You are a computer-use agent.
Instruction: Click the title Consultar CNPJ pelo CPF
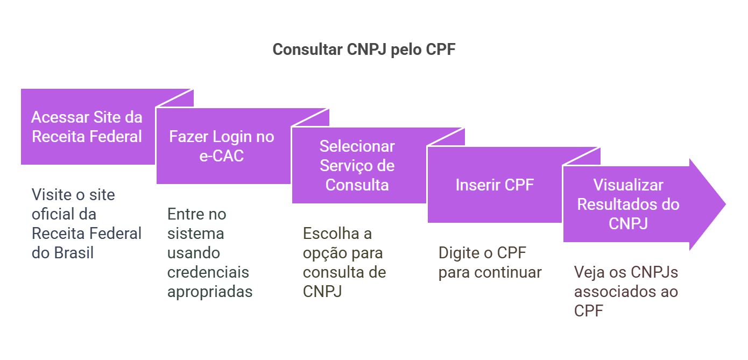point(364,50)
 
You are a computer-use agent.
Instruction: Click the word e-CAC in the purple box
point(221,156)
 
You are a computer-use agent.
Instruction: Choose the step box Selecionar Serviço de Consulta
point(357,166)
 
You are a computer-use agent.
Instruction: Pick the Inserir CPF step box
point(494,185)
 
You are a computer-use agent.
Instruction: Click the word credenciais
point(208,272)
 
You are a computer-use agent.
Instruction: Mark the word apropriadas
point(210,292)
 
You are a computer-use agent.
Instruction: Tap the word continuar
point(508,272)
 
